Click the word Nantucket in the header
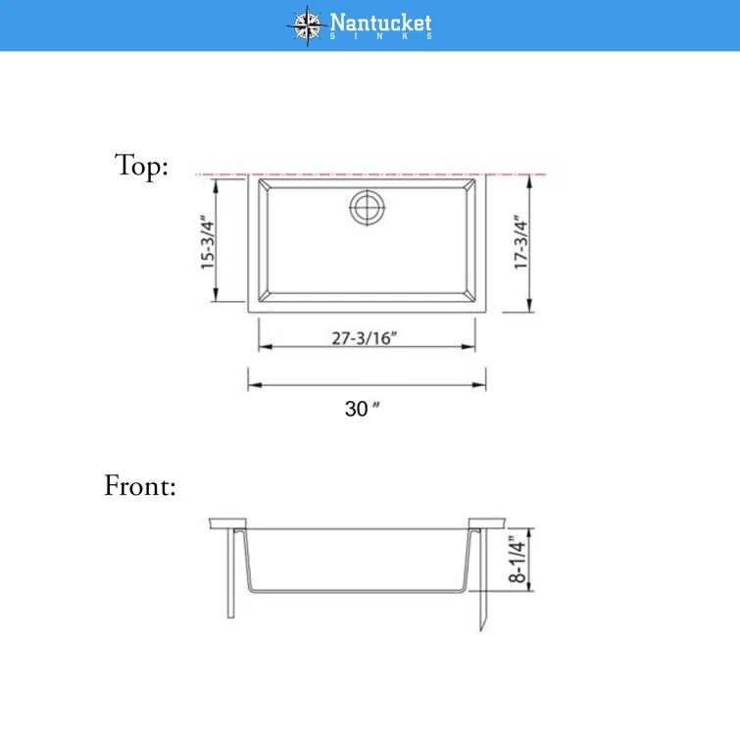tap(380, 22)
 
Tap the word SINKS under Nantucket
tap(380, 37)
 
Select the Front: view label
tap(140, 485)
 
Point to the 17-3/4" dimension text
tap(520, 242)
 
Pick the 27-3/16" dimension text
tap(365, 339)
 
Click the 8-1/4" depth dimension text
tap(518, 556)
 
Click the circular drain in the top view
tap(368, 206)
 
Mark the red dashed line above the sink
tap(225, 174)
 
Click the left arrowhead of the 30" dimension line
tap(252, 385)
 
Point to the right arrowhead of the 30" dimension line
tap(481, 385)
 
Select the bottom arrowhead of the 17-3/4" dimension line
tap(529, 306)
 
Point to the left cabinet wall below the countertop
tap(231, 573)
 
